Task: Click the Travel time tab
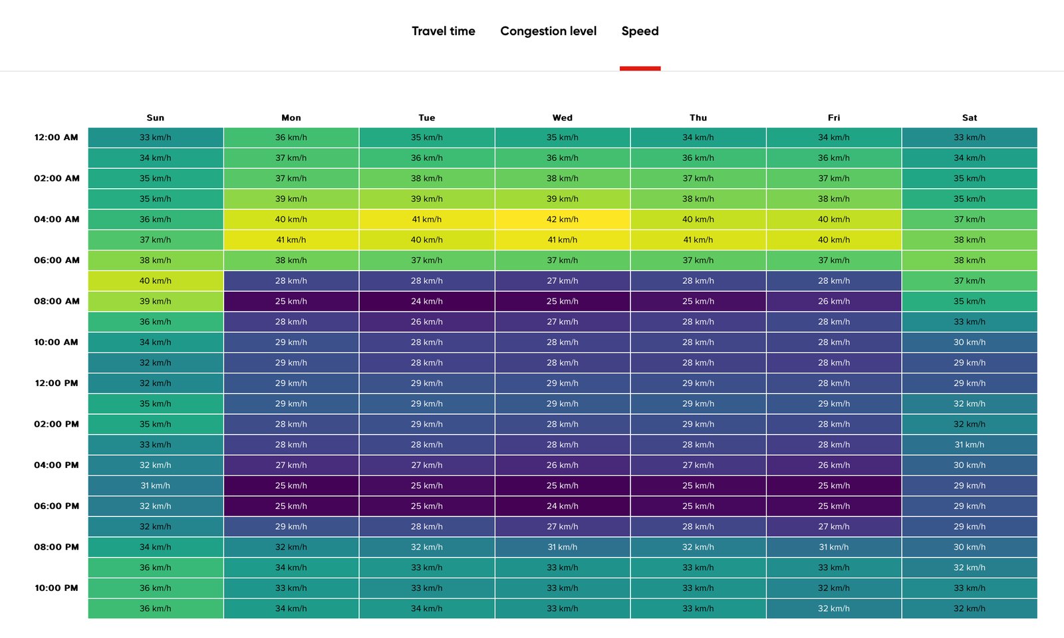click(x=443, y=31)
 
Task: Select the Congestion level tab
click(x=548, y=31)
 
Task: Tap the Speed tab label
click(x=640, y=31)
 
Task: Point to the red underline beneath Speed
click(x=640, y=68)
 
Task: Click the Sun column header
click(x=156, y=118)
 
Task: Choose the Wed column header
click(x=563, y=118)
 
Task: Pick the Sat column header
click(x=970, y=118)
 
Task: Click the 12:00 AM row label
click(x=56, y=138)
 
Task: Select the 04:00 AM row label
click(x=57, y=219)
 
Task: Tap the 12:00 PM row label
click(x=57, y=383)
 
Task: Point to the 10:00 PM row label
click(x=57, y=587)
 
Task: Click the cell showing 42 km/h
click(x=563, y=219)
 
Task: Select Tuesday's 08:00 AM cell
click(x=426, y=302)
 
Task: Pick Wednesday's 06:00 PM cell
click(x=563, y=506)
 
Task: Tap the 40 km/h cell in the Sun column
click(x=156, y=280)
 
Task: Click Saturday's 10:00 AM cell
click(x=970, y=342)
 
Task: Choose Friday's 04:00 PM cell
click(x=834, y=465)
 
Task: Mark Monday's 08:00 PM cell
click(x=291, y=547)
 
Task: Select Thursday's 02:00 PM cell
click(x=698, y=424)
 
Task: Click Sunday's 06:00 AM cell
click(x=156, y=260)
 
